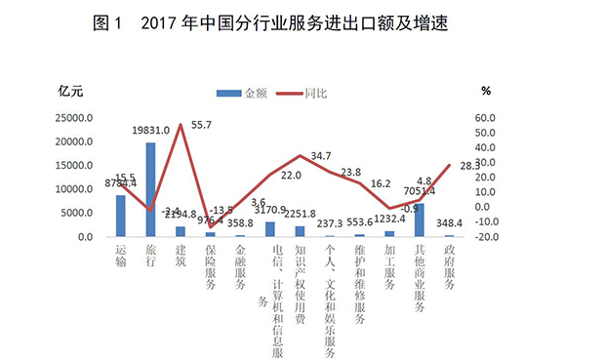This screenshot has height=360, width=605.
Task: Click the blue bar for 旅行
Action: pos(151,189)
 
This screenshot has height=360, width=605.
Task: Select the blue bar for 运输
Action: pos(121,216)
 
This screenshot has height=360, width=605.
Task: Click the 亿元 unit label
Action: pos(72,92)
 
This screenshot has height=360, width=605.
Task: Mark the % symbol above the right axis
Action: pos(485,91)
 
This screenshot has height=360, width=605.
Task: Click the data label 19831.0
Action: pos(151,130)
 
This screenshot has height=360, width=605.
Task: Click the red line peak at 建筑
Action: pos(181,125)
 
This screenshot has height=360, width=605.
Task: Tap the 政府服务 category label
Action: pos(449,265)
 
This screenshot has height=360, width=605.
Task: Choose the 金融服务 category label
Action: pos(240,265)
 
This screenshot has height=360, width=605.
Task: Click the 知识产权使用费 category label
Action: pos(301,283)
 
